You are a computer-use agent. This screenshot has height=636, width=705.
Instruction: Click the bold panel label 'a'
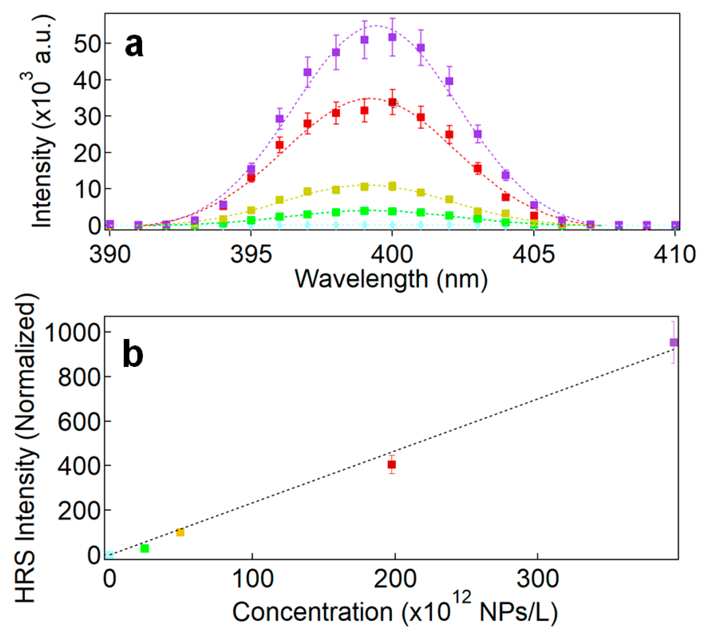coord(134,47)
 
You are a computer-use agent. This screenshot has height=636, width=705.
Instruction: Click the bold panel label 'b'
coord(133,353)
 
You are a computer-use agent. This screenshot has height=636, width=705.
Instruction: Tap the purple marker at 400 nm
coord(392,37)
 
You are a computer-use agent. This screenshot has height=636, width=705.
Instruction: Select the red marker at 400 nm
coord(392,102)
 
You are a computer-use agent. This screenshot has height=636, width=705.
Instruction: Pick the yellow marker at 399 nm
coord(364,187)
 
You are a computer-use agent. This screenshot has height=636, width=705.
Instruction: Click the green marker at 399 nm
coord(364,211)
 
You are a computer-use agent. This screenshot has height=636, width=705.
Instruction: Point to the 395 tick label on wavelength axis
coord(251,255)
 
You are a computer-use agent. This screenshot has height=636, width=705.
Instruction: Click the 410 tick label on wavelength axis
coord(674,255)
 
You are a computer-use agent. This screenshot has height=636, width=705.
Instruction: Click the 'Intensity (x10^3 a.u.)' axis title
coord(44,121)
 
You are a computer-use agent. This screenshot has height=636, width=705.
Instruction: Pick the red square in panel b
coord(392,465)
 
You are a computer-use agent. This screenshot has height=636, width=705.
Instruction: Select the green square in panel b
coord(145,548)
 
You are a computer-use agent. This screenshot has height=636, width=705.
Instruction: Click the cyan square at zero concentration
coord(110,555)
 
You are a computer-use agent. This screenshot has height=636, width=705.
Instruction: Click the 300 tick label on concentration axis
coord(537,579)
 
